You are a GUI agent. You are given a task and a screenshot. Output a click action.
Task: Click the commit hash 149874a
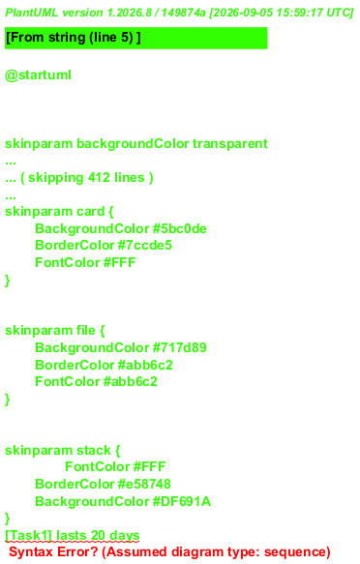coord(183,13)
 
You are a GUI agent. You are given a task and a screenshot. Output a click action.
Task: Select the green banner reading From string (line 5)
coord(135,38)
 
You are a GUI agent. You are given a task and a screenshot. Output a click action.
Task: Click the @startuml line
coord(38,75)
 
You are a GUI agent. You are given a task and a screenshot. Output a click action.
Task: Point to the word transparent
coord(230,143)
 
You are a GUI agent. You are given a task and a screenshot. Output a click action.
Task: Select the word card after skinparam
coord(90,211)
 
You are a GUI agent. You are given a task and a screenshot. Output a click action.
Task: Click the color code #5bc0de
coord(179,228)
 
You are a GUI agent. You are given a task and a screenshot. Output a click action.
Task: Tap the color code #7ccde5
coord(145,246)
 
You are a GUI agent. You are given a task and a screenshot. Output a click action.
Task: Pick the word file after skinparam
coord(85,330)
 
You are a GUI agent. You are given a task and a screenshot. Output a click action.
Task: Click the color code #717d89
coord(179,347)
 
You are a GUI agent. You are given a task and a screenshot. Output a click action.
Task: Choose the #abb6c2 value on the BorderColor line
coord(145,365)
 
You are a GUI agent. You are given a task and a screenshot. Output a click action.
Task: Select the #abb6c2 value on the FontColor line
coord(131,381)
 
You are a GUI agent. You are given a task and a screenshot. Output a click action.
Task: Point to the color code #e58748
coord(144,484)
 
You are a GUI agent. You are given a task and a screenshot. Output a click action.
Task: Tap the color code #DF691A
coord(182,501)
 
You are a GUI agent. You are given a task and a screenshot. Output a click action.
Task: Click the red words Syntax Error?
coord(53,551)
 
